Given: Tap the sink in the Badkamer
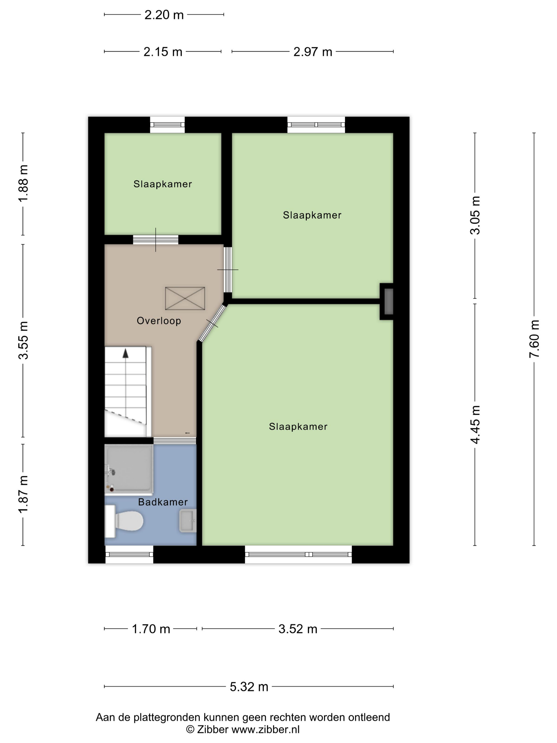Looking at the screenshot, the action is (188, 521).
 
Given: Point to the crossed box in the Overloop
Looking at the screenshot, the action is (185, 298).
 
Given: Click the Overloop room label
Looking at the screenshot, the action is (159, 321).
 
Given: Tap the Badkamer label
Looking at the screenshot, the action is (163, 502).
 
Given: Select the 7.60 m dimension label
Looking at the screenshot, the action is (534, 339).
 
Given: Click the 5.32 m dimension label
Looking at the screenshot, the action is (249, 687).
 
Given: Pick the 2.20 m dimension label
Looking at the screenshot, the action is (164, 15).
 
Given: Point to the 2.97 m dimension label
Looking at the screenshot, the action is (312, 52).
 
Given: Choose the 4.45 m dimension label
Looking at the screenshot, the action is (475, 425).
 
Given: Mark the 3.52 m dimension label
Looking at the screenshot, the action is (298, 629).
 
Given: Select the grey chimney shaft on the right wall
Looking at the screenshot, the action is (389, 301).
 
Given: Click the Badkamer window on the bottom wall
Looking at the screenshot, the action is (129, 554).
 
